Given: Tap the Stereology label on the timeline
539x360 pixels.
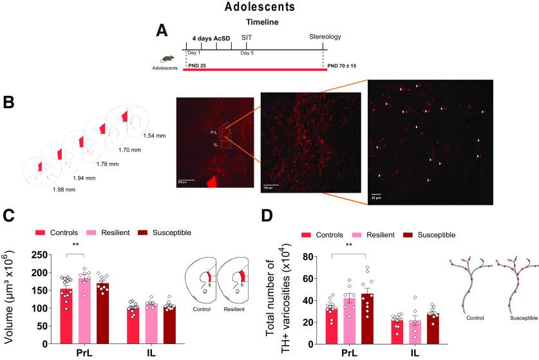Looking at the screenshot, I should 324,37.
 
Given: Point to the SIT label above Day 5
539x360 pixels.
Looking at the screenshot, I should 247,37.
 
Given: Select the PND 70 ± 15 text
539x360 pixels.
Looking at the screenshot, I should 345,66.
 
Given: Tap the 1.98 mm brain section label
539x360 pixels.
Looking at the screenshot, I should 65,190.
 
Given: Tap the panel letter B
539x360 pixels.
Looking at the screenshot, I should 9,102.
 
